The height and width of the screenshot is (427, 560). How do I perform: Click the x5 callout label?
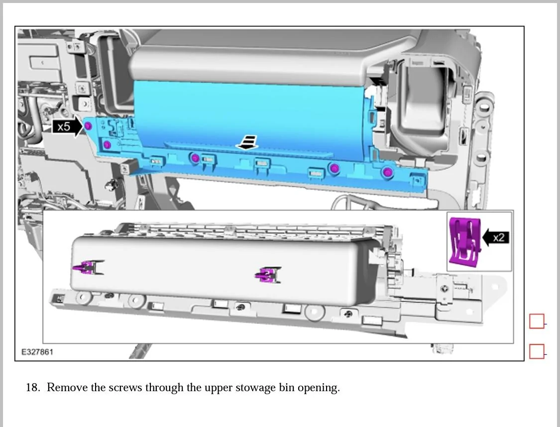click(x=64, y=127)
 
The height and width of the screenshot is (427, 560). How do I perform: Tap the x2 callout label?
click(x=498, y=237)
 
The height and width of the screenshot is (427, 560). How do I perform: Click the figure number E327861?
click(x=37, y=352)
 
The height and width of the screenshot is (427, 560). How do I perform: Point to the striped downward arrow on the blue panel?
click(x=247, y=143)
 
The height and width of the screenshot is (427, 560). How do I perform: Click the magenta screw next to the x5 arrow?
click(x=88, y=126)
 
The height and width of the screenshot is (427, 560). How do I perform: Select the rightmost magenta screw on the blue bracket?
click(x=387, y=172)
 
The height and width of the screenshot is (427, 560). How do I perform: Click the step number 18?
click(x=33, y=387)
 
